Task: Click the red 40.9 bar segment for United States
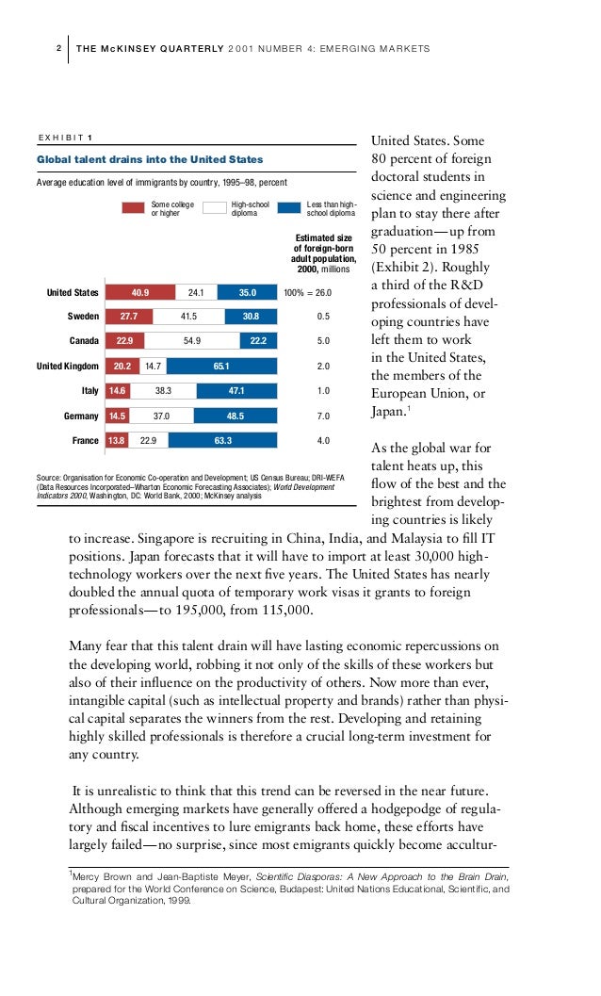[x=140, y=292]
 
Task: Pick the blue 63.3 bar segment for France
[x=222, y=439]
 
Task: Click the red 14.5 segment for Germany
[x=117, y=415]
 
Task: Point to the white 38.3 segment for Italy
[x=162, y=390]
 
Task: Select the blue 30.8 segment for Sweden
[x=250, y=317]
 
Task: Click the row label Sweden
[x=82, y=317]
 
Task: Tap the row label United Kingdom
[x=67, y=366]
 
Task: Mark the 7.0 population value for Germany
[x=323, y=415]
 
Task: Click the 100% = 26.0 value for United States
[x=307, y=292]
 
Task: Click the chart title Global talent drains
[x=150, y=159]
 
